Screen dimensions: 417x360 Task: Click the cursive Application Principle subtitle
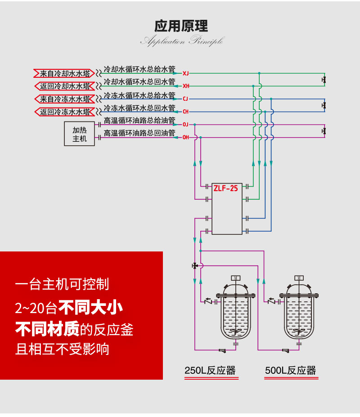click(x=181, y=42)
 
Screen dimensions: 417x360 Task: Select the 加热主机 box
click(x=80, y=134)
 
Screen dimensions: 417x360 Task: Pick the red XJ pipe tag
click(x=186, y=73)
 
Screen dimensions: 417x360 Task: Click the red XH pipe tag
click(x=186, y=85)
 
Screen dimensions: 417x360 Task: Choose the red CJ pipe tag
click(x=186, y=99)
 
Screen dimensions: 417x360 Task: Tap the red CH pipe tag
click(x=186, y=111)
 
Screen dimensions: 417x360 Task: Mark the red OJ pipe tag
click(x=186, y=124)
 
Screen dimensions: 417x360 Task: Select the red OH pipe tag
click(x=186, y=137)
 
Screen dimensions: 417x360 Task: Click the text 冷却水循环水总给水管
click(x=139, y=70)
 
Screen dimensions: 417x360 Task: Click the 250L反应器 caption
click(x=210, y=371)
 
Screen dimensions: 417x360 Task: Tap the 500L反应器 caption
click(x=290, y=371)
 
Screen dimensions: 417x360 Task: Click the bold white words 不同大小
click(x=91, y=309)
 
